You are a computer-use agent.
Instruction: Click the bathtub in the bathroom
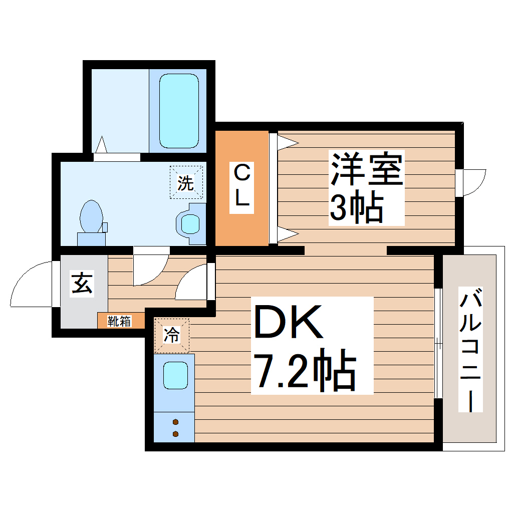tap(178, 111)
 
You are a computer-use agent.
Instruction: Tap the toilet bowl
tap(91, 216)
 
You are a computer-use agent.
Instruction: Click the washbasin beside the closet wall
tap(190, 223)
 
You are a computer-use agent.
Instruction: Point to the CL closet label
tap(242, 187)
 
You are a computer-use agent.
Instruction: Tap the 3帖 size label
tap(356, 207)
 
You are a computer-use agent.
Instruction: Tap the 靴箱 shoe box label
tap(120, 321)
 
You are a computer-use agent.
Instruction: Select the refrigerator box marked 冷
tap(172, 336)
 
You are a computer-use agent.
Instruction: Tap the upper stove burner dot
tap(175, 421)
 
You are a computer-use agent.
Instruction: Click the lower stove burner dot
tap(175, 434)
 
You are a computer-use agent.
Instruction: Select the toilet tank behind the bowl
tap(91, 238)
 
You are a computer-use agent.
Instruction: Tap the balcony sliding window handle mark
tap(439, 344)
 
